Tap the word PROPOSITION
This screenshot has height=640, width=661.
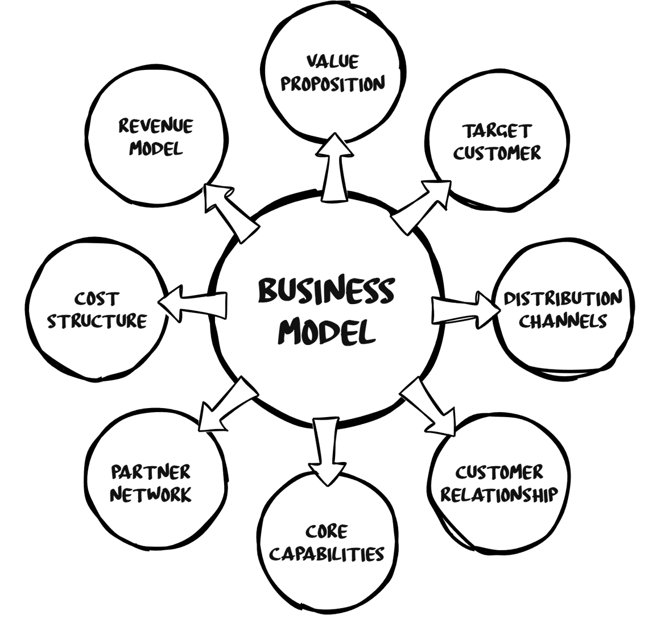(334, 84)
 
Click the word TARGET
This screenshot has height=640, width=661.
(497, 131)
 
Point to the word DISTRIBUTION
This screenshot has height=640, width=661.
(563, 298)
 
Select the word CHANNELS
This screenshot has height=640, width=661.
(564, 321)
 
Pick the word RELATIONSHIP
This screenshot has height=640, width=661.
(499, 494)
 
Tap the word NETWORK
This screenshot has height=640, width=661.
(151, 494)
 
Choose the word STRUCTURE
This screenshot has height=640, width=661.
(97, 321)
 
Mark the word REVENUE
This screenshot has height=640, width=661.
(156, 126)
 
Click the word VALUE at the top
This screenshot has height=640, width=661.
(333, 61)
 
